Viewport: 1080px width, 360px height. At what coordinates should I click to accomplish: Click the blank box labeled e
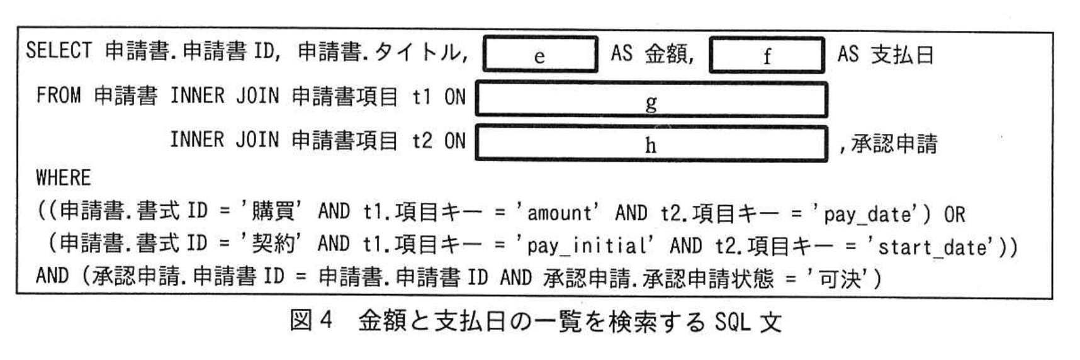tap(540, 55)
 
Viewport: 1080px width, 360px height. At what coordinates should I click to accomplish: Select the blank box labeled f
tap(767, 55)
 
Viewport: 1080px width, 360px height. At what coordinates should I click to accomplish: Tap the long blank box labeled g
tap(651, 99)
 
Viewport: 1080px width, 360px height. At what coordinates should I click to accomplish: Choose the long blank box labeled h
tap(651, 144)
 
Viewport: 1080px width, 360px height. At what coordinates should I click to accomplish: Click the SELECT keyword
tap(59, 50)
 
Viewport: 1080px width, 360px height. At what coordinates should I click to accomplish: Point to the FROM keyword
tap(59, 96)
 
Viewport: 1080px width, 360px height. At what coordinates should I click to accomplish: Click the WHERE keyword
tap(63, 178)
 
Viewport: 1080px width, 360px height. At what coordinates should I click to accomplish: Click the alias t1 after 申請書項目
tap(422, 96)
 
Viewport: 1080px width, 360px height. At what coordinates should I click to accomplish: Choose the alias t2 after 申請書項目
tap(422, 141)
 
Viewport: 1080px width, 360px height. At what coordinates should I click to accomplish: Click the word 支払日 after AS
tap(902, 55)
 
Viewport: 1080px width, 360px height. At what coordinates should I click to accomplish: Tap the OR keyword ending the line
tap(954, 214)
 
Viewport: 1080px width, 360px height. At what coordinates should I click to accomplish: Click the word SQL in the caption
tap(733, 322)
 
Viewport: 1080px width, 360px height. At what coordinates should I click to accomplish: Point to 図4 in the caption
tap(311, 321)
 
